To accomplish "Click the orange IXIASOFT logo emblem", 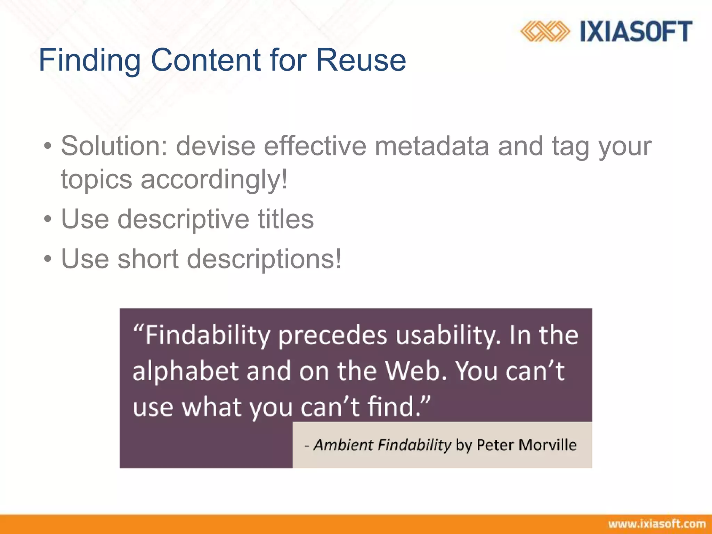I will [545, 31].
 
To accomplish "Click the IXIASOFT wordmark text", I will [636, 31].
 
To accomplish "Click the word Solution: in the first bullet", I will [114, 146].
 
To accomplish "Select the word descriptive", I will [183, 220].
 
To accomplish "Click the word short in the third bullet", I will [148, 259].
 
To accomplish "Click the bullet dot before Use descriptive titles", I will [48, 220].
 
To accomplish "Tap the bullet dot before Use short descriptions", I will [48, 259].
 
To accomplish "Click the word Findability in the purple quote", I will [207, 336].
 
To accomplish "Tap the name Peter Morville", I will [526, 445].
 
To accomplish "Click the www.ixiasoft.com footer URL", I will [657, 524].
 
